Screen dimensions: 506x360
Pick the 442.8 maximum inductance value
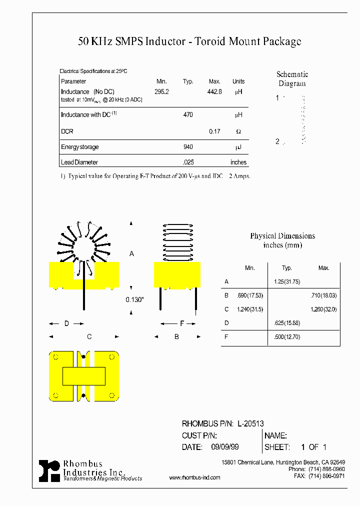(214, 92)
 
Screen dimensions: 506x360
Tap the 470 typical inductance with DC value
(188, 115)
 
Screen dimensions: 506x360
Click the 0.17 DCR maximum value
(214, 131)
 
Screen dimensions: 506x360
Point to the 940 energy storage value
(188, 147)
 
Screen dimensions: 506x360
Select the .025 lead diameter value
(188, 162)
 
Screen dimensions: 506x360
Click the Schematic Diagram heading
(292, 79)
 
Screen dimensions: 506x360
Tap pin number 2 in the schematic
(277, 141)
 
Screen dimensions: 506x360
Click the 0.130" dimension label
(134, 299)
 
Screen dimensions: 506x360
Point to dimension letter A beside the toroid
(131, 254)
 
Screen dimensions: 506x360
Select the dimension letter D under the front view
(66, 323)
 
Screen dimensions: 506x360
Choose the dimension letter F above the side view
(181, 323)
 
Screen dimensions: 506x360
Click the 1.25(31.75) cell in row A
(287, 281)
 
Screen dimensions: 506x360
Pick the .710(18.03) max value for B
(323, 295)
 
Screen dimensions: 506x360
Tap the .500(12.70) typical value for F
(287, 337)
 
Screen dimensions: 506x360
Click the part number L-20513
(250, 423)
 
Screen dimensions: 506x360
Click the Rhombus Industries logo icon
(49, 470)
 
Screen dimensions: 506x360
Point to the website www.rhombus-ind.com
(195, 478)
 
